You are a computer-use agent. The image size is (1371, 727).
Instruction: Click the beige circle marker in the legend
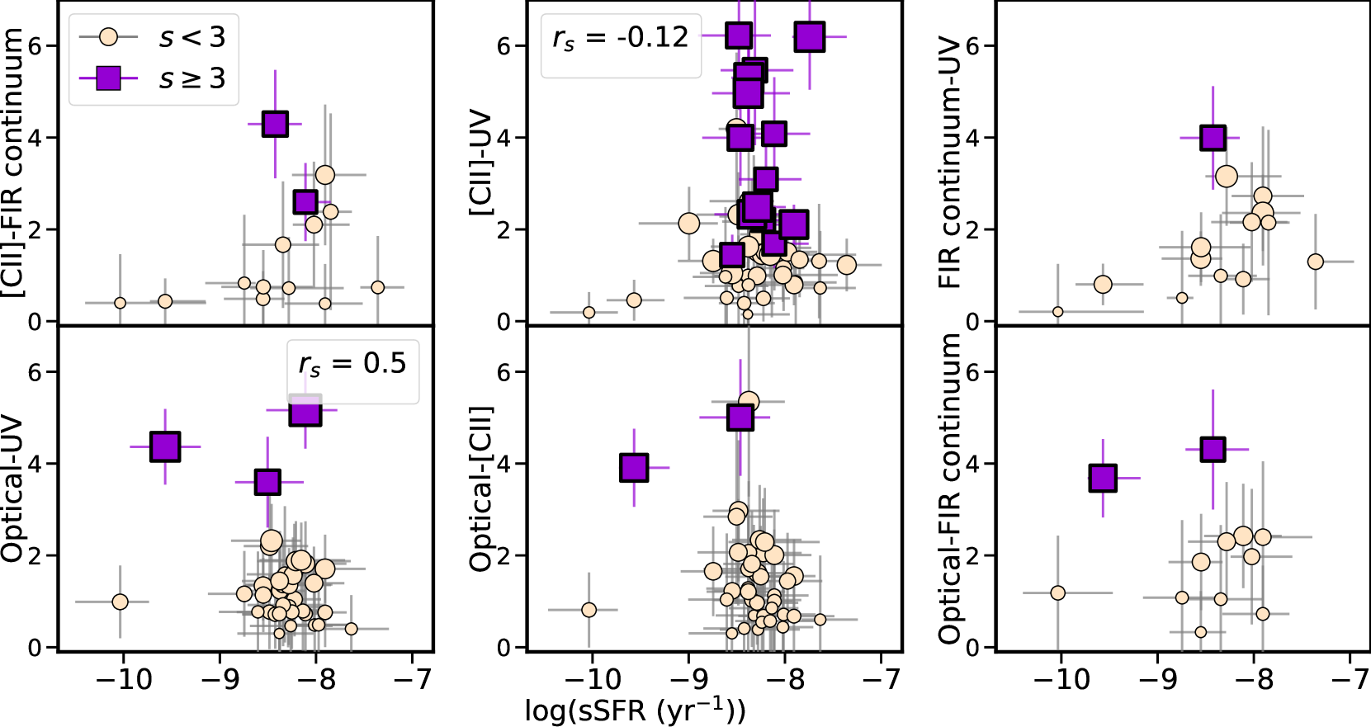click(x=108, y=37)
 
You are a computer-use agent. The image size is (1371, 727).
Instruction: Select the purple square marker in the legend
click(x=108, y=78)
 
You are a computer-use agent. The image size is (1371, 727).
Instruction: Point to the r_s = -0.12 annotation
click(x=620, y=38)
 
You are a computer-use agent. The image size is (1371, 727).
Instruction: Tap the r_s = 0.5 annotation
click(x=352, y=364)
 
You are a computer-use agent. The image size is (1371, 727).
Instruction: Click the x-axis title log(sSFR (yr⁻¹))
click(x=636, y=710)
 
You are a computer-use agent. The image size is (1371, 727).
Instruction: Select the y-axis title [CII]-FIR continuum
click(x=13, y=163)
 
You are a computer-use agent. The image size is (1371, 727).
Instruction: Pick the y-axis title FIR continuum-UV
click(x=950, y=163)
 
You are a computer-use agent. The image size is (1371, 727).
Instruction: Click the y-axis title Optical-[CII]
click(x=481, y=489)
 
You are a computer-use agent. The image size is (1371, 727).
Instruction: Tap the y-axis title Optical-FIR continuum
click(x=950, y=489)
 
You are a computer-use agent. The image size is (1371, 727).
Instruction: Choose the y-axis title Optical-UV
click(x=13, y=489)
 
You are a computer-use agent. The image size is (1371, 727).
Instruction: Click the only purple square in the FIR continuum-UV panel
click(x=1213, y=138)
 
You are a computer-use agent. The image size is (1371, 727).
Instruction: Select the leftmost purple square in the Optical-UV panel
click(x=165, y=446)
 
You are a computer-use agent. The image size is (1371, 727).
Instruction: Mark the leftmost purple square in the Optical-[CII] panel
click(x=633, y=468)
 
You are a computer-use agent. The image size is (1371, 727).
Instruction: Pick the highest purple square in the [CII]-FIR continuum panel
click(x=275, y=125)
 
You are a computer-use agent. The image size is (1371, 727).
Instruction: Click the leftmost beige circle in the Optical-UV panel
click(x=120, y=602)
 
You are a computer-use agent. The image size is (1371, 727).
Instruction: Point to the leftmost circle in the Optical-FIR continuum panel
click(x=1057, y=592)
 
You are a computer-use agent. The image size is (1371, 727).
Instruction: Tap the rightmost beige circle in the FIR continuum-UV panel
click(x=1316, y=262)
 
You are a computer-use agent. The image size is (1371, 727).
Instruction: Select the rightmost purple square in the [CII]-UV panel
click(x=810, y=36)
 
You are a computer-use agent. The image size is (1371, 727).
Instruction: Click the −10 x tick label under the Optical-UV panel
click(x=124, y=679)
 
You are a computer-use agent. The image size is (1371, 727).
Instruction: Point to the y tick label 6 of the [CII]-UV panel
click(x=504, y=46)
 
